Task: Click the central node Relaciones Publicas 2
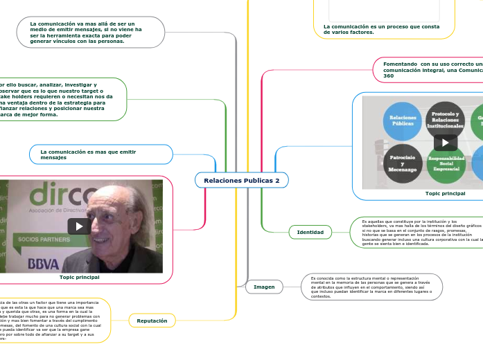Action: [242, 181]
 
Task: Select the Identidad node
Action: [310, 232]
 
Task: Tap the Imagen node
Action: [264, 287]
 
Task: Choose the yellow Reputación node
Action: [152, 321]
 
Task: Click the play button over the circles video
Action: [445, 143]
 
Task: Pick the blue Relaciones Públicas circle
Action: [403, 120]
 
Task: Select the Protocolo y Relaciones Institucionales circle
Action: [445, 120]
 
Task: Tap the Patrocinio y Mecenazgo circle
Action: [403, 163]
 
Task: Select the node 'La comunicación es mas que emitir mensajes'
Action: [101, 154]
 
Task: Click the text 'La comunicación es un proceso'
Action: [381, 29]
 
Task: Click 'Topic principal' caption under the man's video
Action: [80, 277]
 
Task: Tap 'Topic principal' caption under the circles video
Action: [445, 194]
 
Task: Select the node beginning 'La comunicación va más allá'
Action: [90, 32]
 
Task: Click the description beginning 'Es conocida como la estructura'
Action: [371, 287]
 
